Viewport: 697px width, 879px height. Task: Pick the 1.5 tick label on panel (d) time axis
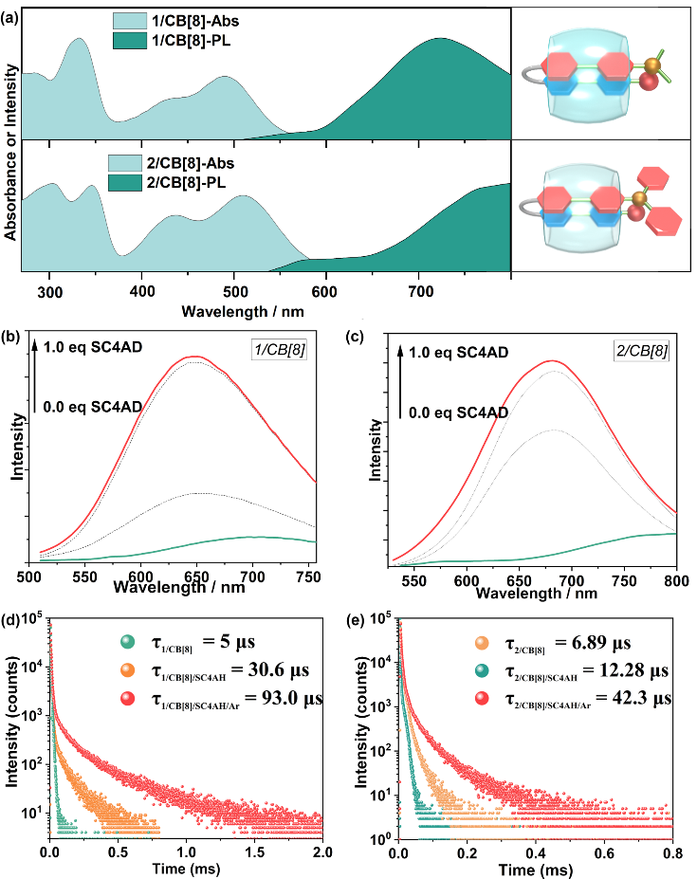pos(254,853)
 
